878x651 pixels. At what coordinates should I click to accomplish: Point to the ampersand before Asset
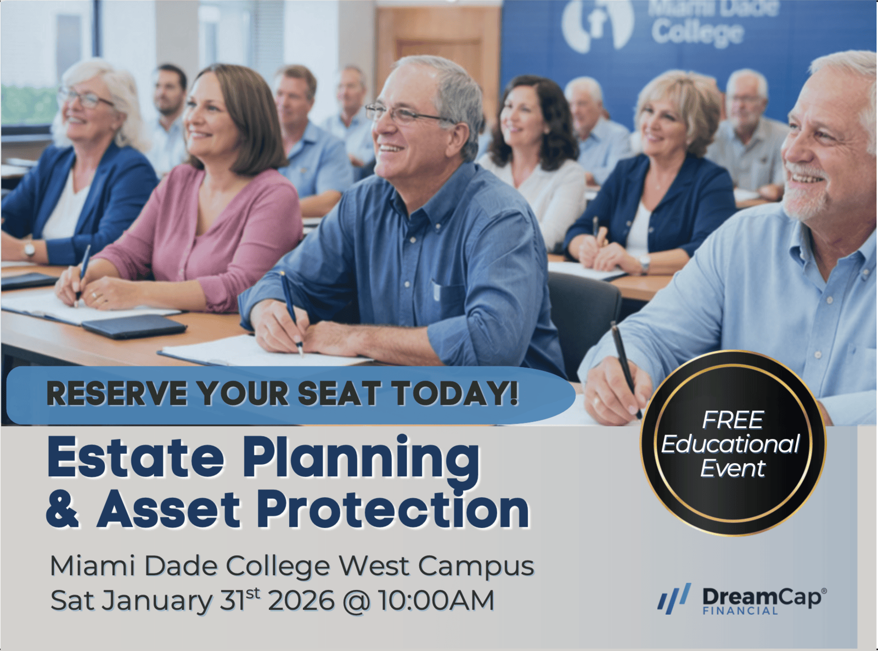pyautogui.click(x=63, y=509)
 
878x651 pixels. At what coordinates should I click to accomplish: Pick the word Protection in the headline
pyautogui.click(x=396, y=509)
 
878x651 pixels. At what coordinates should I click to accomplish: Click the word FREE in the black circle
pyautogui.click(x=733, y=420)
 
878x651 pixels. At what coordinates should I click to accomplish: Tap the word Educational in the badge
pyautogui.click(x=731, y=444)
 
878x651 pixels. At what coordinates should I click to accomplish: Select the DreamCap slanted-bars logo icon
pyautogui.click(x=674, y=599)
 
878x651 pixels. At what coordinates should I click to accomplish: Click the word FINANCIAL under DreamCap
pyautogui.click(x=740, y=611)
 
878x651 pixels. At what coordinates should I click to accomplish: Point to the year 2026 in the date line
pyautogui.click(x=301, y=600)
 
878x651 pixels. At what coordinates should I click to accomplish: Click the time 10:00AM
pyautogui.click(x=436, y=600)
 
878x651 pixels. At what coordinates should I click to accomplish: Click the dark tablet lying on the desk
pyautogui.click(x=134, y=326)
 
